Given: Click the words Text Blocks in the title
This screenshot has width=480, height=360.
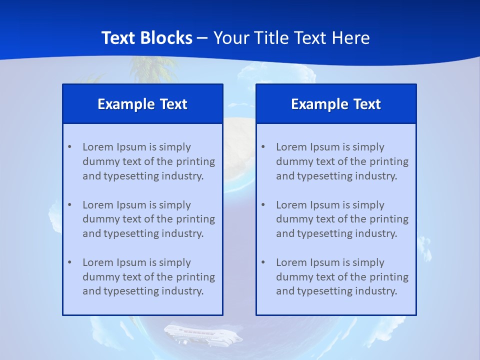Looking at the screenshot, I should [146, 38].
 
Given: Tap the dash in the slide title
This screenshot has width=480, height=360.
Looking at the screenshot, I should [202, 38].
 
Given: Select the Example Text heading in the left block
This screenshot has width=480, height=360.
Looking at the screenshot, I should [142, 104].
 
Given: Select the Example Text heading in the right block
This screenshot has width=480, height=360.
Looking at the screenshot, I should [336, 104].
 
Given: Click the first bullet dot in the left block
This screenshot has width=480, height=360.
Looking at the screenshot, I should [69, 147].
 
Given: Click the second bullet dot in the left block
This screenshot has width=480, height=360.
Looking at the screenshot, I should [69, 205].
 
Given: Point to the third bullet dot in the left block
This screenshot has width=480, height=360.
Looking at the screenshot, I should [69, 262].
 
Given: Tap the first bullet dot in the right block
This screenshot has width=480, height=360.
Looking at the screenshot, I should [263, 147].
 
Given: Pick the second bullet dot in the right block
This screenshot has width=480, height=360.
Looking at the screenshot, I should [263, 205].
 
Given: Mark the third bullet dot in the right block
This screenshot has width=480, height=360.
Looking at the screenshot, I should [263, 262].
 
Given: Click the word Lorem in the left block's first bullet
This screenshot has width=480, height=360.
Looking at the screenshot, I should [98, 147].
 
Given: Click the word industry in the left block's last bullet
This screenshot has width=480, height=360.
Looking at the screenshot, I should [184, 291].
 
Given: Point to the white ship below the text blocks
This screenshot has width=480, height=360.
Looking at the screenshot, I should [202, 334].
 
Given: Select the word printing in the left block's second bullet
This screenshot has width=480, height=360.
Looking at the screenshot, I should [196, 219].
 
